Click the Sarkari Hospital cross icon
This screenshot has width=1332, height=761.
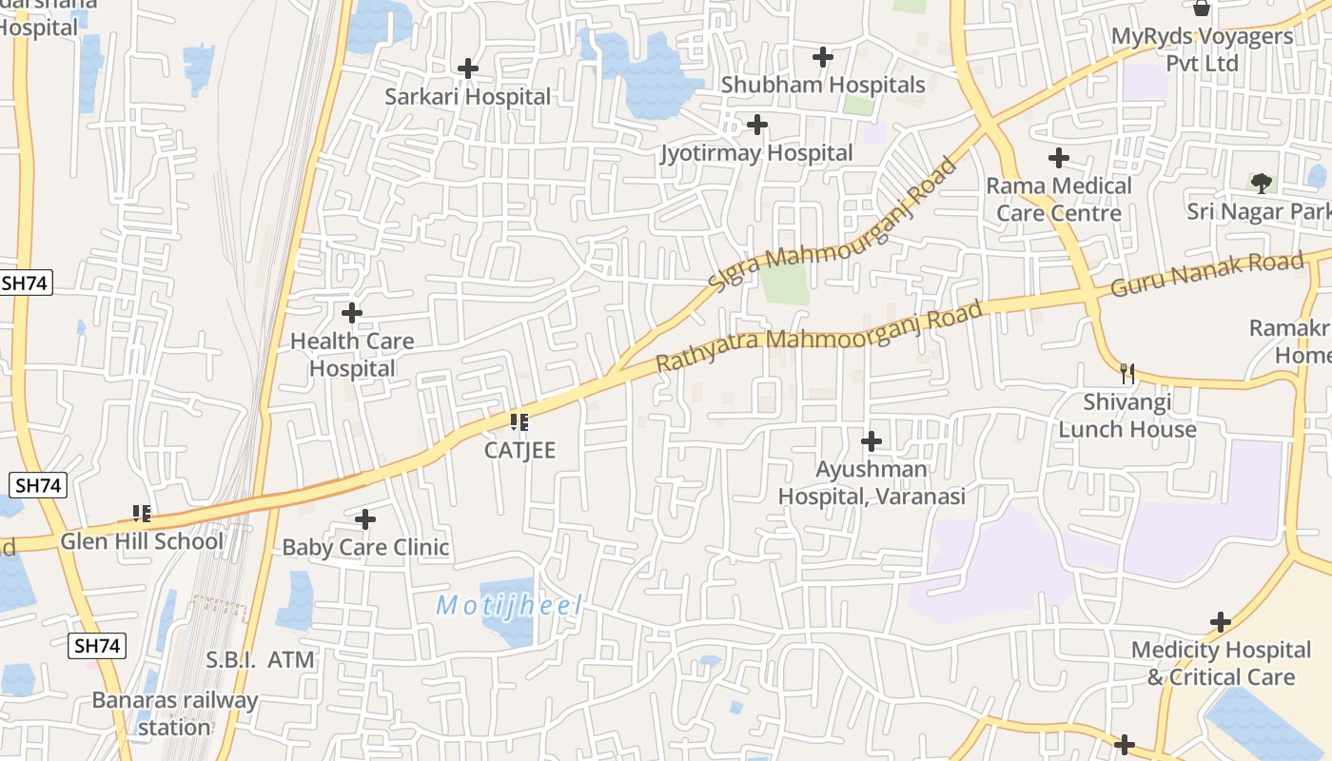[467, 68]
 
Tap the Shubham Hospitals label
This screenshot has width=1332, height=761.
[822, 85]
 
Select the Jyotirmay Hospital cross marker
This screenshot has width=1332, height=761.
[757, 125]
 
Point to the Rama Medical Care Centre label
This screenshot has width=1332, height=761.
[1059, 199]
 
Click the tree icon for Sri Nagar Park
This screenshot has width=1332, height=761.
[1262, 183]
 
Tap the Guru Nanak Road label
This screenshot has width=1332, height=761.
[1207, 273]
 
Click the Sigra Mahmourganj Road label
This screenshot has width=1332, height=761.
[832, 225]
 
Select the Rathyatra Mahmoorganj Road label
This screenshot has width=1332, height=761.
[818, 339]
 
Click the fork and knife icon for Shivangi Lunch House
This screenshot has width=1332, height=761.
[1127, 374]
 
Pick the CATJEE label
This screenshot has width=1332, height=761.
[519, 450]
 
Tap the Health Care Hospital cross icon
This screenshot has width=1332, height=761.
[352, 312]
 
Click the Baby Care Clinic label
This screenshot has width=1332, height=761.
[365, 548]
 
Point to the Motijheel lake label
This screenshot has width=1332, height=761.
[508, 605]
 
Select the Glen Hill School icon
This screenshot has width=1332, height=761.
[143, 515]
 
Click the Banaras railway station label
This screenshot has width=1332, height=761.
[174, 713]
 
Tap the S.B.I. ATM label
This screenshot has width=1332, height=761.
[261, 659]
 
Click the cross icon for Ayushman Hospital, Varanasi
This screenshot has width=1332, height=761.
[871, 441]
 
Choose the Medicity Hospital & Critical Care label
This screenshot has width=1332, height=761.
[1221, 664]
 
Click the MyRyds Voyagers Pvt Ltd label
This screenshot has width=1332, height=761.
[1203, 49]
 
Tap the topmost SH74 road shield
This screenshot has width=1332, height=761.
[26, 283]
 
